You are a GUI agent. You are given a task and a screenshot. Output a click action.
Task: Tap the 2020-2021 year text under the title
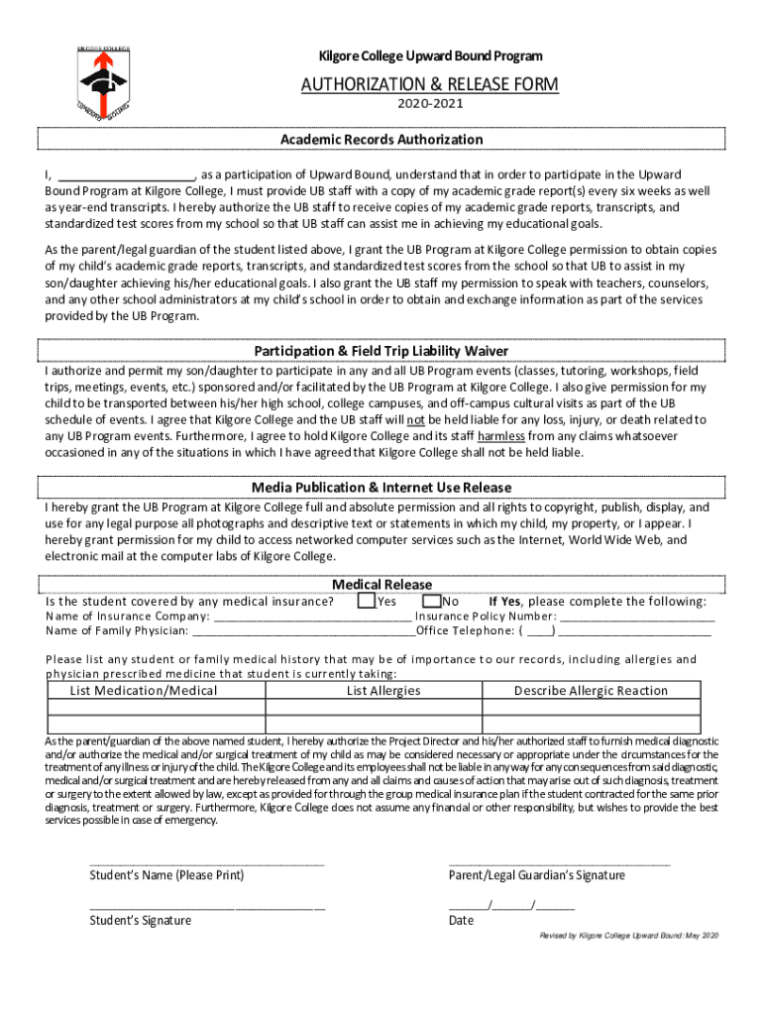pyautogui.click(x=430, y=103)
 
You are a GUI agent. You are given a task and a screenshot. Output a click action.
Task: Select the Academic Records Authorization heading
pyautogui.click(x=381, y=140)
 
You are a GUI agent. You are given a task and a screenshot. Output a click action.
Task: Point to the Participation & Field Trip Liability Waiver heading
pyautogui.click(x=381, y=351)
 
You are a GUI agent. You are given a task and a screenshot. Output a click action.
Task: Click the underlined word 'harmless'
pyautogui.click(x=500, y=435)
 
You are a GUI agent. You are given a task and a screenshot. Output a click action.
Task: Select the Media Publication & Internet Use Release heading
pyautogui.click(x=381, y=487)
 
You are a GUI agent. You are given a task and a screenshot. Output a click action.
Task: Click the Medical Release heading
pyautogui.click(x=381, y=584)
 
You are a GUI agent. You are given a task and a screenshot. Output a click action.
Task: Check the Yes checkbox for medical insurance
pyautogui.click(x=367, y=601)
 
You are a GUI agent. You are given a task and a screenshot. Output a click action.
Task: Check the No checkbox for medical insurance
pyautogui.click(x=431, y=601)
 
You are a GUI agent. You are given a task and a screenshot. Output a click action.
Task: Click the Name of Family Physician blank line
pyautogui.click(x=303, y=630)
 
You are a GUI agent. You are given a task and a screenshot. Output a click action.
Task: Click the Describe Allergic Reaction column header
pyautogui.click(x=591, y=691)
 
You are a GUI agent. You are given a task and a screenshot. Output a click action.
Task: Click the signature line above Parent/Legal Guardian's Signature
pyautogui.click(x=559, y=863)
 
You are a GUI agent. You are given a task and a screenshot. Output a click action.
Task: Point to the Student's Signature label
pyautogui.click(x=141, y=920)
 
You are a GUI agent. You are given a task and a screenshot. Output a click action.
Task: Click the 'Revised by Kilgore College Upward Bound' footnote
pyautogui.click(x=628, y=936)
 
